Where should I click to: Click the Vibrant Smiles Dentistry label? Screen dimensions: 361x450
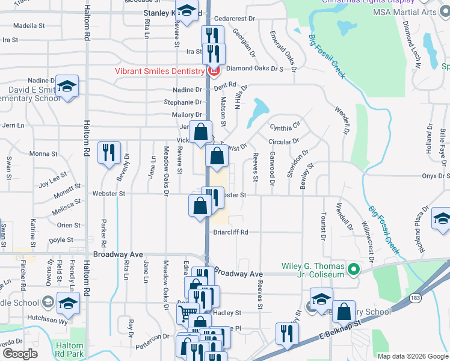tap(159, 71)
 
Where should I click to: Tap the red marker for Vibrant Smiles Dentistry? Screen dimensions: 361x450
tap(212, 72)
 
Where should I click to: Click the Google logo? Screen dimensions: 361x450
tap(20, 354)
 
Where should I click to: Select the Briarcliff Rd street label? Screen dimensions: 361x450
tap(230, 232)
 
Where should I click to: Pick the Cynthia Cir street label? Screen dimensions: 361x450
tap(285, 127)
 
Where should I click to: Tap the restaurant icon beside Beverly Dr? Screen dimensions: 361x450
tap(109, 153)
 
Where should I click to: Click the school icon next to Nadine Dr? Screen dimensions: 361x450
tap(67, 87)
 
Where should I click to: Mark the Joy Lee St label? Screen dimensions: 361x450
tap(53, 179)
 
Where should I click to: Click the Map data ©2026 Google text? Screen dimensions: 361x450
tap(413, 356)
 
